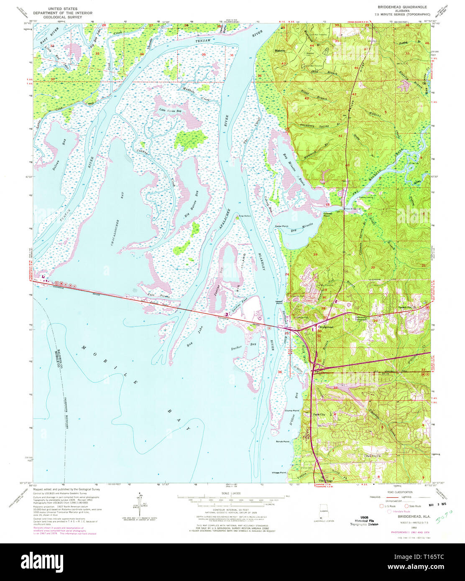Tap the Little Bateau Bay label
pyautogui.click(x=170, y=111)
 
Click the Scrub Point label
pyautogui.click(x=283, y=441)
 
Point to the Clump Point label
pyautogui.click(x=292, y=410)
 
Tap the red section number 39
pyautogui.click(x=315, y=255)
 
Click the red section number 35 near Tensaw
pyautogui.click(x=204, y=55)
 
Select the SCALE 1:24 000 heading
pyautogui.click(x=227, y=494)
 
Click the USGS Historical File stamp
pyautogui.click(x=364, y=521)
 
